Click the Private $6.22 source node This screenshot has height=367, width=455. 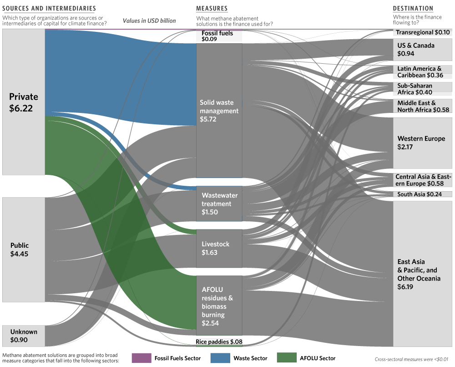24,102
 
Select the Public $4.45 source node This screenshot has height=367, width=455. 24,250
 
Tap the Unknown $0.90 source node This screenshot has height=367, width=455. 24,336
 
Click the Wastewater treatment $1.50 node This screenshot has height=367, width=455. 219,204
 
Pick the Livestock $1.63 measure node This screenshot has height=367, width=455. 219,248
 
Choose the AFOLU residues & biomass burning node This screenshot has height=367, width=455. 219,306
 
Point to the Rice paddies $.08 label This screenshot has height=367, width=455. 219,342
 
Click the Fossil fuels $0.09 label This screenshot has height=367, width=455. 217,36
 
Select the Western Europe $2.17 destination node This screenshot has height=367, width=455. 423,143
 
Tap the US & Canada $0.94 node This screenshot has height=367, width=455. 423,50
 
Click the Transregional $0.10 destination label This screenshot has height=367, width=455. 423,32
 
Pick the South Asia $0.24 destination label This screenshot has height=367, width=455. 420,194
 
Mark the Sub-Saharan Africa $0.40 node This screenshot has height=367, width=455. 423,89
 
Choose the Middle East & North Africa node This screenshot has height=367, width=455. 423,106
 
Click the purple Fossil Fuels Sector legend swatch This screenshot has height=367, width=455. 142,358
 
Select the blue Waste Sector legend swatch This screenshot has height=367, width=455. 220,358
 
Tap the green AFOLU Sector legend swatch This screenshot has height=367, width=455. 287,358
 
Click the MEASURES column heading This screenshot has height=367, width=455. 212,8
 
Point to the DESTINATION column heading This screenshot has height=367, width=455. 413,8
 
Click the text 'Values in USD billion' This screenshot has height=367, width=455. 149,20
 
